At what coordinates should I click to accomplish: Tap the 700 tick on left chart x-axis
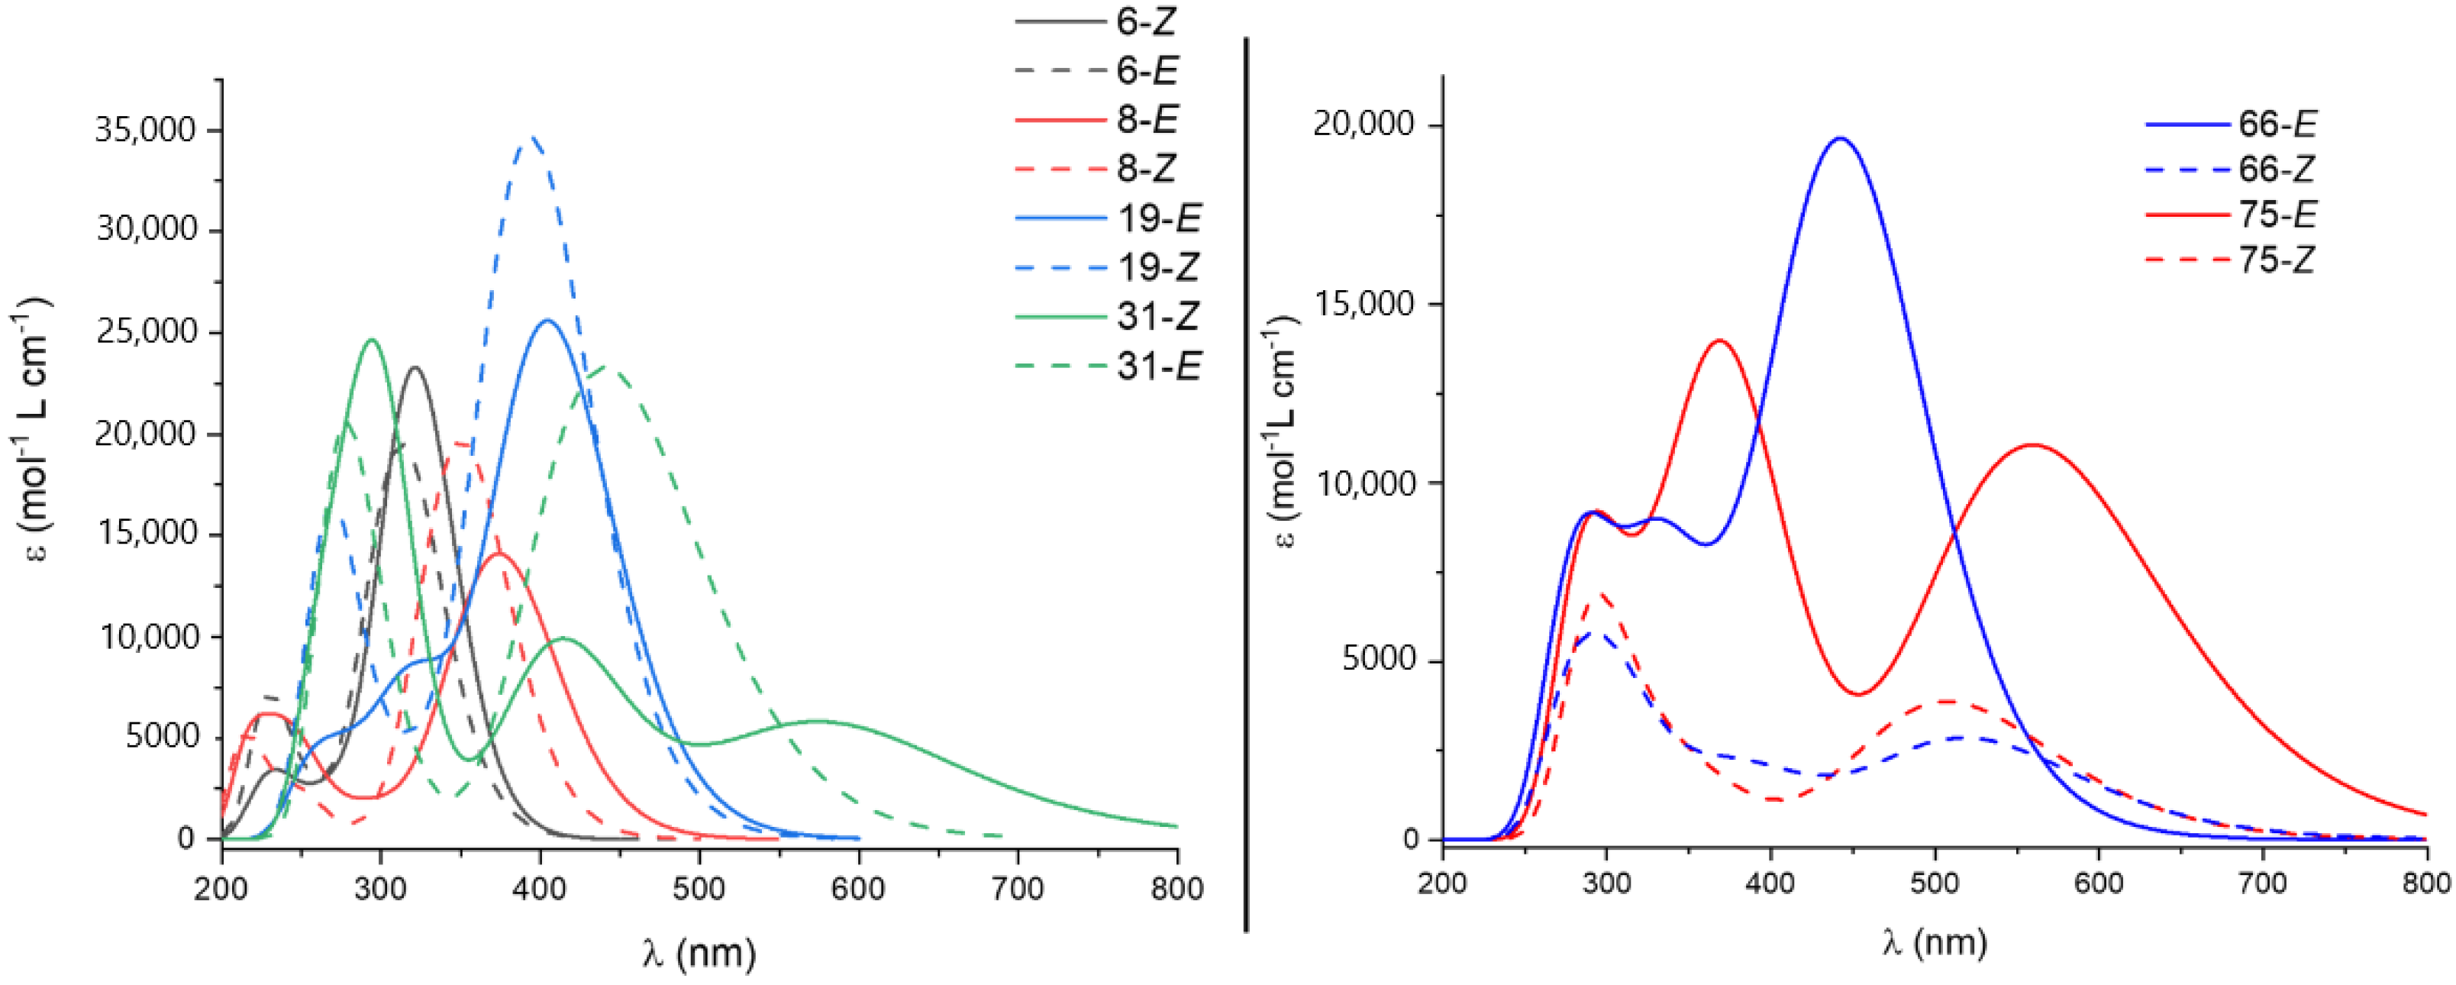1018,889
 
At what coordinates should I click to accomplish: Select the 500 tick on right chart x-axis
1935,883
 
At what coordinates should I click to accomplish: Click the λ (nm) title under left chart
699,953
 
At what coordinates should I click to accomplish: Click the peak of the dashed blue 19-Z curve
534,137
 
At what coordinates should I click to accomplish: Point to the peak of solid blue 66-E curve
1840,138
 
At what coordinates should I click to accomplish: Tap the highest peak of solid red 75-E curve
1720,341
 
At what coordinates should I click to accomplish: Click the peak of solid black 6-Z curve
415,367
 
